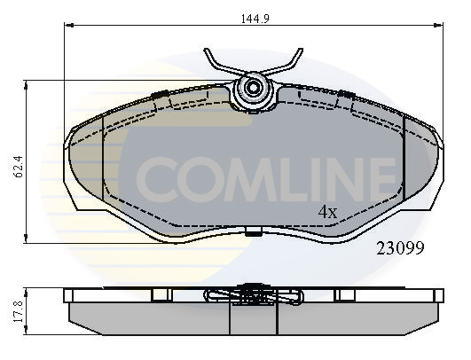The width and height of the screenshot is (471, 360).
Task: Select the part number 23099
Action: [x=400, y=249]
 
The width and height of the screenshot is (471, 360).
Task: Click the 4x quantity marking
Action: [x=328, y=212]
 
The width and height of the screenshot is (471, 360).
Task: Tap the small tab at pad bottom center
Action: [x=255, y=234]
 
